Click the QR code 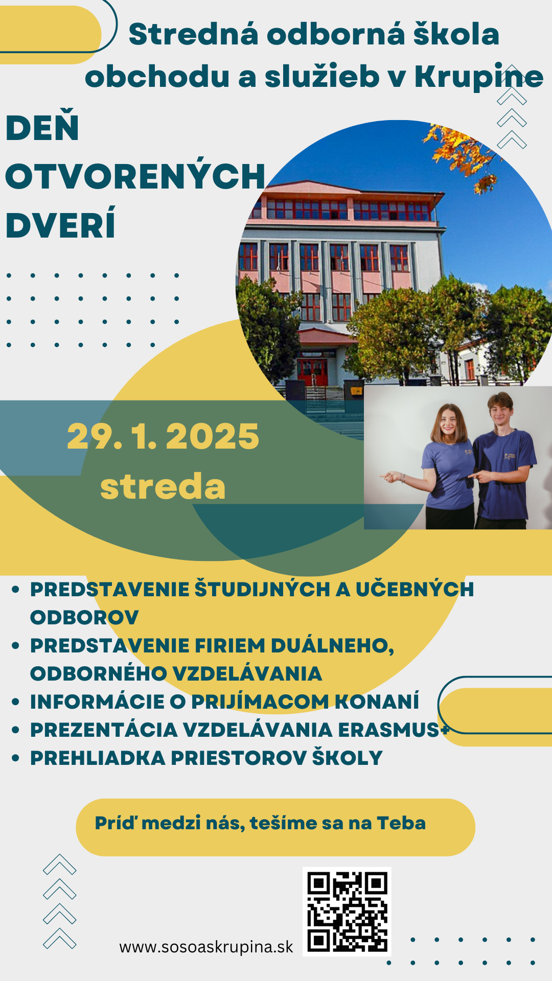coord(347,912)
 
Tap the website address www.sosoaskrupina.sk coord(206,947)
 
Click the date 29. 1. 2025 coord(163,437)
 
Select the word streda coord(163,486)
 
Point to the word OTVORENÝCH coord(135,176)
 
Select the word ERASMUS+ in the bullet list coord(394,730)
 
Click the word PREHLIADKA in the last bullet coord(98,758)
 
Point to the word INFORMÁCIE coord(97,702)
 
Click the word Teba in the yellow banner coord(401,823)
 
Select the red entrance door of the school coord(312,371)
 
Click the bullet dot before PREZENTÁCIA coord(15,730)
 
